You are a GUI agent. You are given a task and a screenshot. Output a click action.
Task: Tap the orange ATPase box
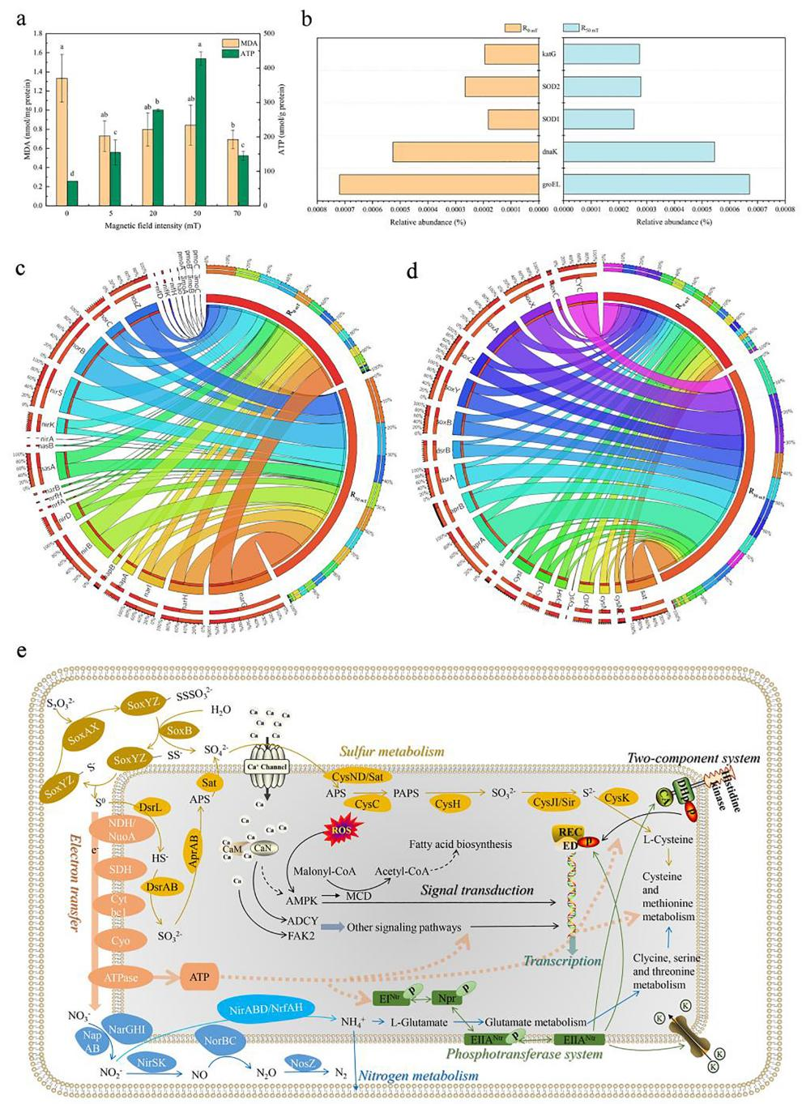pyautogui.click(x=120, y=977)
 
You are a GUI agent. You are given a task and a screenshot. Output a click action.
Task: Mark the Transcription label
pyautogui.click(x=562, y=961)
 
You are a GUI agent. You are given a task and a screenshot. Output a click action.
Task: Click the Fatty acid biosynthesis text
pyautogui.click(x=460, y=844)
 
